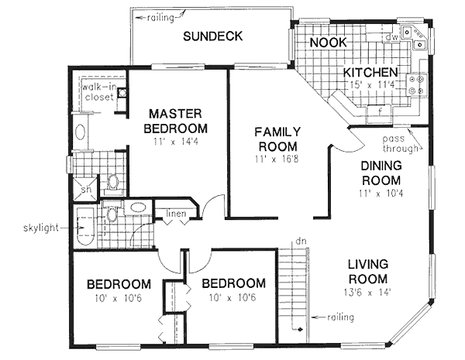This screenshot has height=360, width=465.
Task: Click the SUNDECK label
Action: click(x=213, y=36)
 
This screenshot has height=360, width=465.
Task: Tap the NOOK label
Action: click(x=329, y=42)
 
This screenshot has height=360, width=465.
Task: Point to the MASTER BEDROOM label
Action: click(x=177, y=121)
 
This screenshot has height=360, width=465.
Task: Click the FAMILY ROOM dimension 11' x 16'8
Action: click(x=277, y=159)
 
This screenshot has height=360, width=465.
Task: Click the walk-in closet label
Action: click(x=98, y=92)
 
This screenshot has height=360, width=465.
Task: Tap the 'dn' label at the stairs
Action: click(x=301, y=242)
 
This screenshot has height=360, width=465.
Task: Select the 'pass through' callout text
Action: click(x=401, y=144)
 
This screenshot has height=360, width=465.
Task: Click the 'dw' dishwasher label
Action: click(x=392, y=36)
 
